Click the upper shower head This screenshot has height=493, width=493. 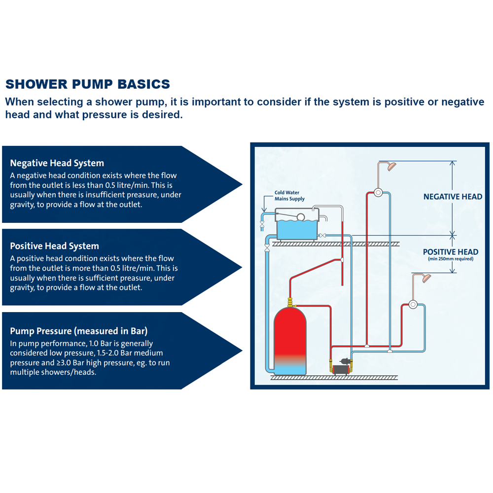point(391,167)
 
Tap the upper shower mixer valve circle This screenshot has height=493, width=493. point(378,192)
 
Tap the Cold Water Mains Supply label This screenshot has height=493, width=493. point(289,196)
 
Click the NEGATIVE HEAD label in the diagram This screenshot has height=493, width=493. point(453,197)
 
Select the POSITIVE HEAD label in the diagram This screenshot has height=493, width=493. point(450,252)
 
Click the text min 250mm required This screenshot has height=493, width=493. point(450,259)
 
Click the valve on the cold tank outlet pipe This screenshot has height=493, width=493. point(322,236)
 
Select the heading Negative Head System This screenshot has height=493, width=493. point(57,163)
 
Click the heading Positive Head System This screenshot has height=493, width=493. point(54,246)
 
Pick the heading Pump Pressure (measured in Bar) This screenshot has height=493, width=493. point(78,331)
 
